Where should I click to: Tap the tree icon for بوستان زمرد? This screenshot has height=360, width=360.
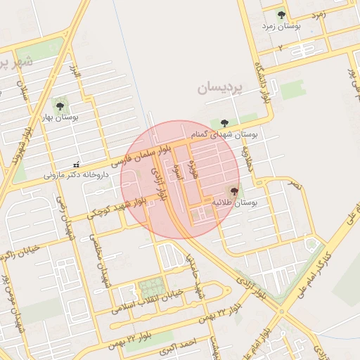coord(281,15)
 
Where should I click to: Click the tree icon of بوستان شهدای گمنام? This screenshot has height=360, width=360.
coord(224,122)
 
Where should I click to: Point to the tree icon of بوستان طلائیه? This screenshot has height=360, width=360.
coord(233,191)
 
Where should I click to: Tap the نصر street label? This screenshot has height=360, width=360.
coord(293,184)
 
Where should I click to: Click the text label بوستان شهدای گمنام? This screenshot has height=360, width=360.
coord(224,134)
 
